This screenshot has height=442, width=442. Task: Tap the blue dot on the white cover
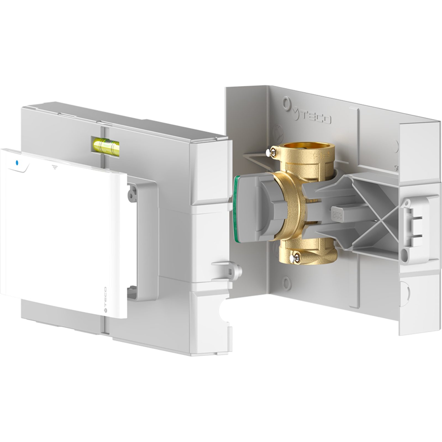tap(17, 162)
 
